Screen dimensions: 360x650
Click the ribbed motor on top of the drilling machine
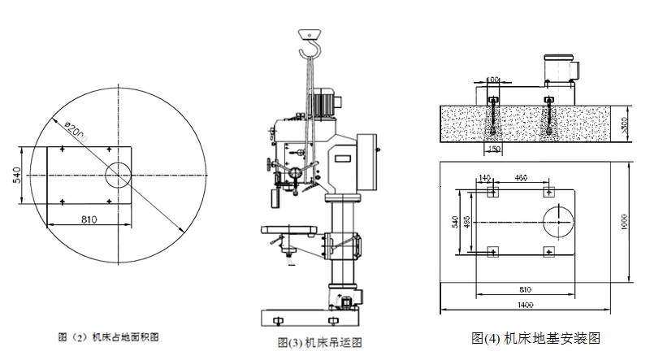(327, 102)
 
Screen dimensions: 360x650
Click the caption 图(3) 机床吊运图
(319, 343)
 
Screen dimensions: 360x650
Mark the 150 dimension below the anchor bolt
(493, 149)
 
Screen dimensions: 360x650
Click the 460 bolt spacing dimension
(521, 177)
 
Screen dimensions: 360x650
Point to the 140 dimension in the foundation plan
(485, 177)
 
